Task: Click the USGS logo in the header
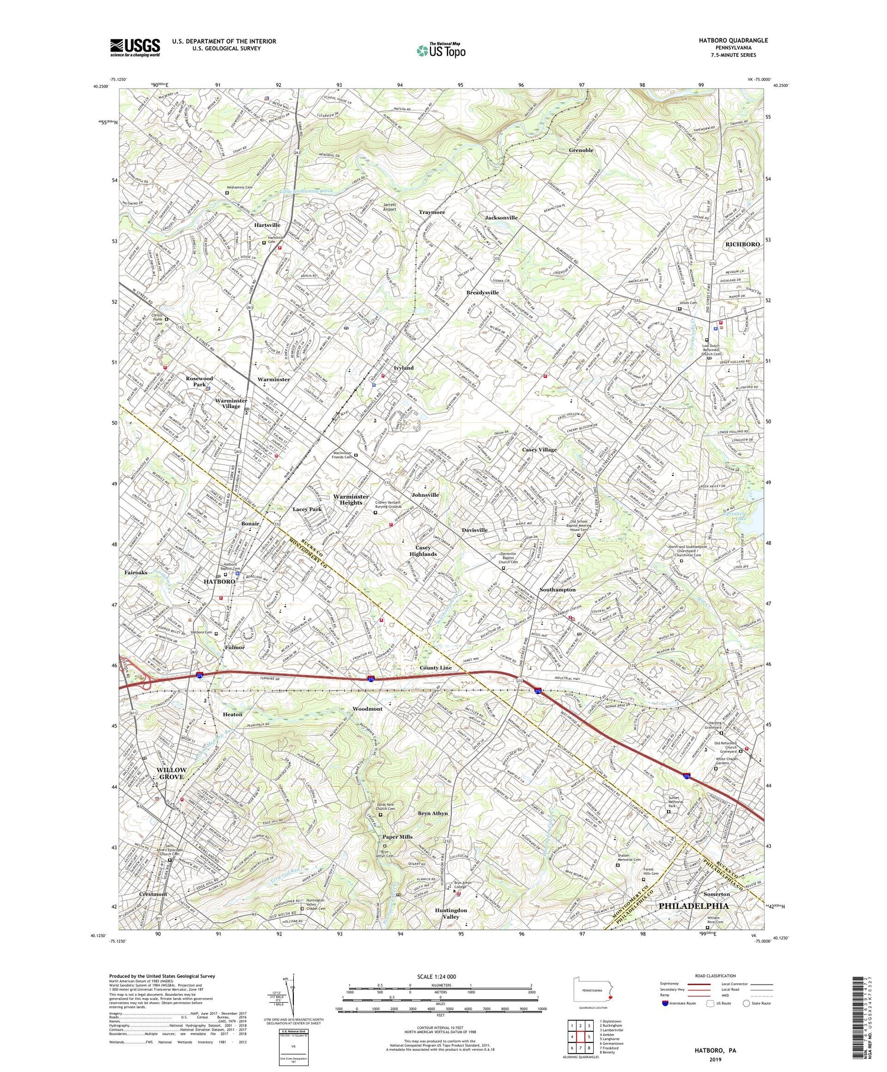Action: click(135, 47)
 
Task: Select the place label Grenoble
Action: click(581, 150)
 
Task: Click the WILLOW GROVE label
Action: click(171, 773)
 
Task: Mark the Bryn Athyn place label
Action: click(433, 813)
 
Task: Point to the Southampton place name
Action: click(557, 590)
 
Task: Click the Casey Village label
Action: click(539, 449)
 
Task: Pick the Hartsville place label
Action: click(267, 225)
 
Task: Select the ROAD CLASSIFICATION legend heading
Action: click(715, 976)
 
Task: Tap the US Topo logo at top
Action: click(441, 50)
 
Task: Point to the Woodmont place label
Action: click(367, 708)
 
